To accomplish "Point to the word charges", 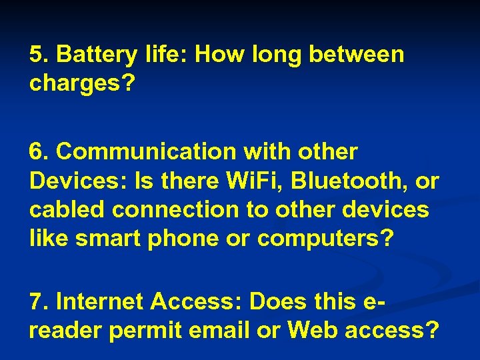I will [x=75, y=84].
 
